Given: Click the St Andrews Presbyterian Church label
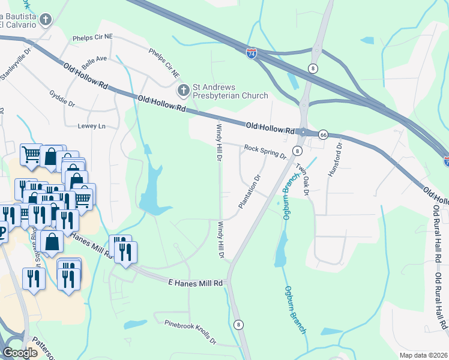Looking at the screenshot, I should pyautogui.click(x=229, y=91).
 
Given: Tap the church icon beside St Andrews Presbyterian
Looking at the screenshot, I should pyautogui.click(x=182, y=91).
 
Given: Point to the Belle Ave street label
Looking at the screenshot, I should pyautogui.click(x=94, y=62).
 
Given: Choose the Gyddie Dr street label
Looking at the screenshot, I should pyautogui.click(x=62, y=99).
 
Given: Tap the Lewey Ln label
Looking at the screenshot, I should pyautogui.click(x=91, y=127).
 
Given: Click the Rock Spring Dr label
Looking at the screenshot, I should pyautogui.click(x=265, y=151).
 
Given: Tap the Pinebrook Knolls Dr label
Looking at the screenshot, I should pyautogui.click(x=190, y=332).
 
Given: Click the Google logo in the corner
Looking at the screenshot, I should pyautogui.click(x=20, y=352).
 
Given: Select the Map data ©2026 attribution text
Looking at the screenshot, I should pyautogui.click(x=423, y=355).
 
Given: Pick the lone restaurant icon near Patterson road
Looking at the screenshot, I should pyautogui.click(x=34, y=279).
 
